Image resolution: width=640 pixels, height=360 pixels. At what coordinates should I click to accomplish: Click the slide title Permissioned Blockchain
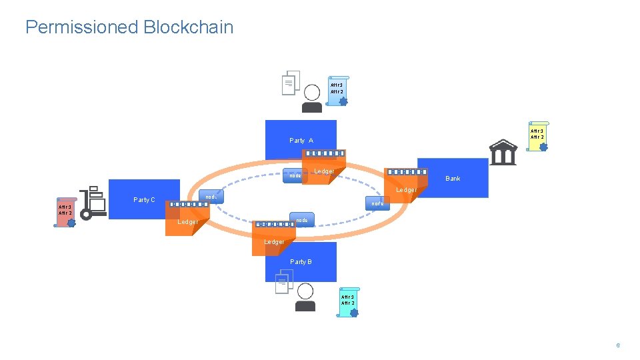[x=129, y=27]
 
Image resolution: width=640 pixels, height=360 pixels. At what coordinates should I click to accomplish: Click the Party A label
[x=301, y=141]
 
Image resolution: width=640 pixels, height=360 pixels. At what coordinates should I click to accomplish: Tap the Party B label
[x=301, y=262]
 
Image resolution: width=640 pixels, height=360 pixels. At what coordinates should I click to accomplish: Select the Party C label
[x=144, y=200]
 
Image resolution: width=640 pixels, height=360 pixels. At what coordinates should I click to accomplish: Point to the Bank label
[x=453, y=179]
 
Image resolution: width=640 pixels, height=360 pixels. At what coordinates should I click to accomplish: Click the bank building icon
[x=503, y=152]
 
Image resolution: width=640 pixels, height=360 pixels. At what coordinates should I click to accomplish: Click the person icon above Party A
[x=311, y=98]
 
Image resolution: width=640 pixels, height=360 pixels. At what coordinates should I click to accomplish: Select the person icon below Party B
[x=305, y=297]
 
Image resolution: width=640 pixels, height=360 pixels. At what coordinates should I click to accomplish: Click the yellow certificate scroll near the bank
[x=537, y=136]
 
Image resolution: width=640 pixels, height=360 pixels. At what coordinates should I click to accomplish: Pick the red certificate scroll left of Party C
[x=66, y=212]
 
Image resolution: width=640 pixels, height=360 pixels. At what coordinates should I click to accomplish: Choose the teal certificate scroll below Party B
[x=348, y=302]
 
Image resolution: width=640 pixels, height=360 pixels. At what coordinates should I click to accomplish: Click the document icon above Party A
[x=290, y=83]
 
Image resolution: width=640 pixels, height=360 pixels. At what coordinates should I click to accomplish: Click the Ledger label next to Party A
[x=324, y=172]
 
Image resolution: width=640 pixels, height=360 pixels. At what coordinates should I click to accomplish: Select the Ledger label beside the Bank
[x=406, y=190]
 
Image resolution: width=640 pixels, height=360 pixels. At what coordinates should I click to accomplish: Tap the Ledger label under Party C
[x=187, y=222]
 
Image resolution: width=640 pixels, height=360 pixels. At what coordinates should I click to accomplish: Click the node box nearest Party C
[x=211, y=197]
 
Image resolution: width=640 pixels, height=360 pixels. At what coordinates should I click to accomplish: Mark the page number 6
[x=618, y=345]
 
